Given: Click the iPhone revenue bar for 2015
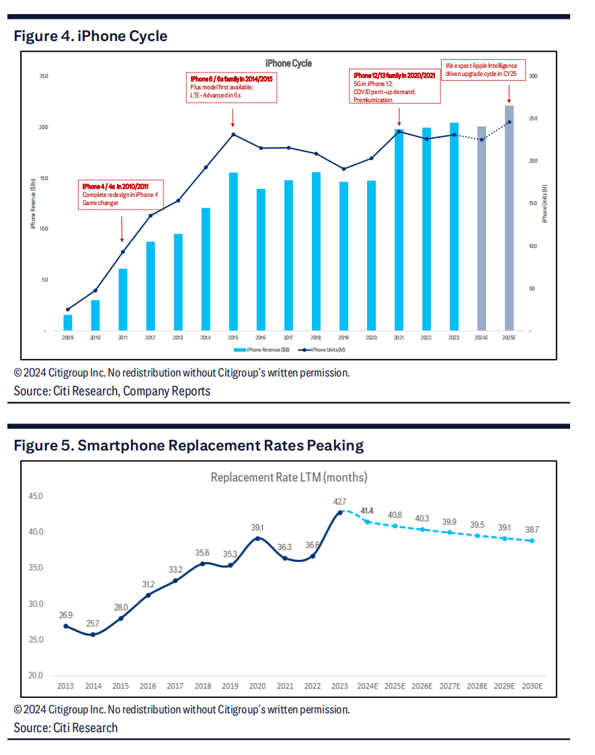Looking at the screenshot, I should (233, 251).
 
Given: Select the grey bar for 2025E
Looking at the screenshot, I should (509, 218).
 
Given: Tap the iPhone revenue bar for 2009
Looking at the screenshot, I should (67, 323).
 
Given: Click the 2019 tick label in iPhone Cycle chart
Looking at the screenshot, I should (343, 337).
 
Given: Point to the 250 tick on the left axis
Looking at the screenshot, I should (44, 76).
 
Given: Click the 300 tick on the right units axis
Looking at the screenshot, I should (533, 76).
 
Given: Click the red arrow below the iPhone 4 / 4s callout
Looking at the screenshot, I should (122, 229).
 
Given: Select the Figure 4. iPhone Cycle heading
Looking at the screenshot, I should (91, 36).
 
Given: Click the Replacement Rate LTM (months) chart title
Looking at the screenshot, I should (288, 477).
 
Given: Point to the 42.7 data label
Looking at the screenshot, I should (340, 502).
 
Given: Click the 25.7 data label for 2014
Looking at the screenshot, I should (93, 623).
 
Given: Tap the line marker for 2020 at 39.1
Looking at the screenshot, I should (256, 539).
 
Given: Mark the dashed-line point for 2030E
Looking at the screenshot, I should (531, 541).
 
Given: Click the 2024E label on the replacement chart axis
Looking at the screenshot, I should (367, 686).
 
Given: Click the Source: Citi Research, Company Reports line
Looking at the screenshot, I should (112, 391).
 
